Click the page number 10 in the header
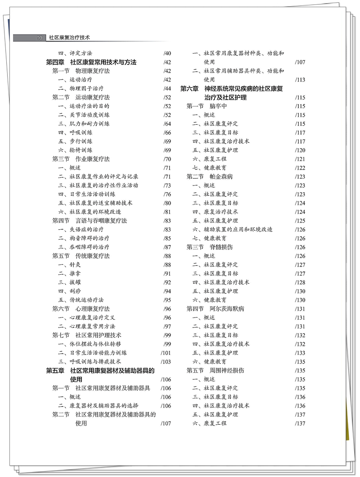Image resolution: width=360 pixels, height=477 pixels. (x=39, y=38)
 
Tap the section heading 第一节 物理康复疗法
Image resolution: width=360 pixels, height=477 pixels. (x=81, y=71)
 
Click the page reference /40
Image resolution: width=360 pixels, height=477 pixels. (x=167, y=53)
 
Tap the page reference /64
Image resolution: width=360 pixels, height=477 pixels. (x=167, y=124)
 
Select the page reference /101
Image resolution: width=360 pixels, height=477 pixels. (x=166, y=353)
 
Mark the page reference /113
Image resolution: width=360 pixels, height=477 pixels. (x=300, y=80)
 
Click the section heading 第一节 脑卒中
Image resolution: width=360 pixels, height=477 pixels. (x=207, y=106)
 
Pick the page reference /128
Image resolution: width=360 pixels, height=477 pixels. (x=300, y=282)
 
